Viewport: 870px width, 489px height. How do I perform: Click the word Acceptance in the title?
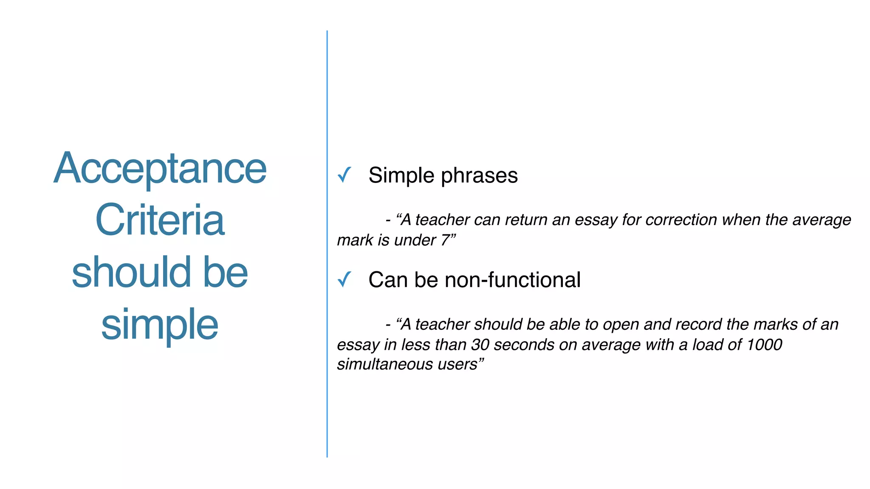pyautogui.click(x=160, y=169)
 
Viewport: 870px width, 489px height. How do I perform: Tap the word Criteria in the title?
pyautogui.click(x=160, y=220)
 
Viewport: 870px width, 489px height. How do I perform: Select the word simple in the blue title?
pyautogui.click(x=160, y=325)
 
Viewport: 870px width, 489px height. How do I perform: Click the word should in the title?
pyautogui.click(x=131, y=273)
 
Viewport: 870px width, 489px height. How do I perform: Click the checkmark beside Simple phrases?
pyautogui.click(x=345, y=174)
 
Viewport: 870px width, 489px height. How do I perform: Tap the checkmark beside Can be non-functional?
pyautogui.click(x=345, y=279)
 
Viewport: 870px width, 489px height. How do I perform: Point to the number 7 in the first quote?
pyautogui.click(x=445, y=240)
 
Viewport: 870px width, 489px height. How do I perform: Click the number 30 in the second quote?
pyautogui.click(x=480, y=345)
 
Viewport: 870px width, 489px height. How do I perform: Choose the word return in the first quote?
pyautogui.click(x=526, y=220)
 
